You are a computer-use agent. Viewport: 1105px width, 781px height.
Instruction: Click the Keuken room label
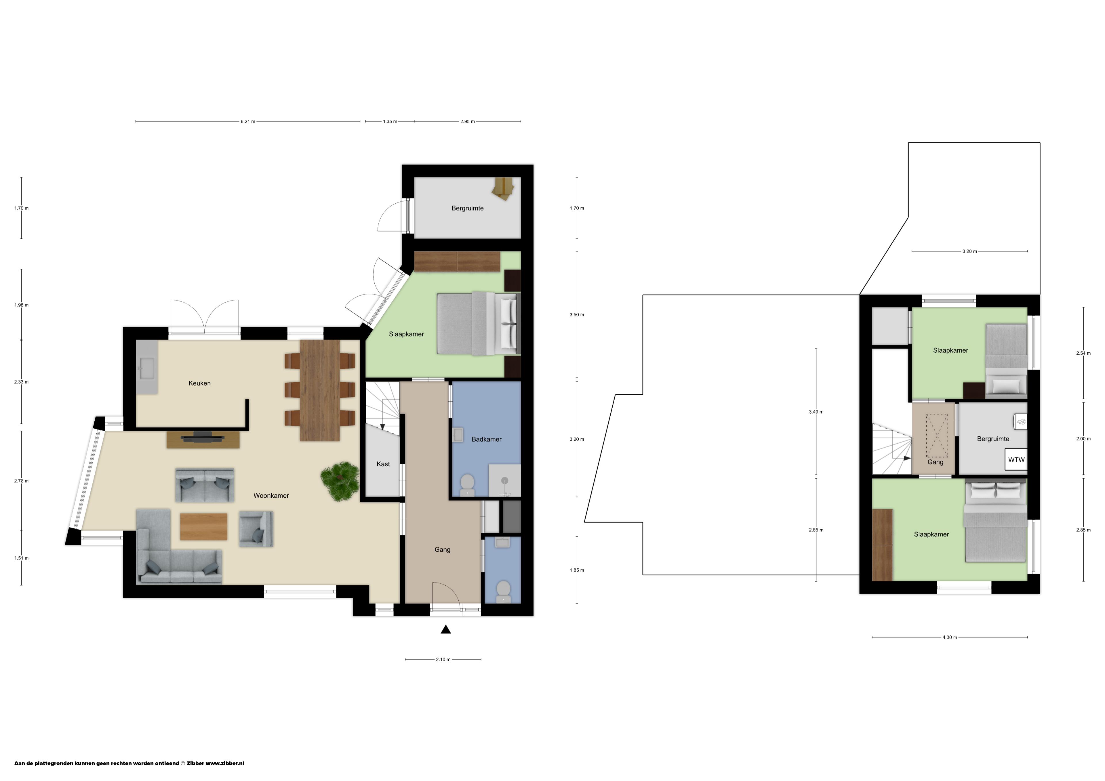coord(199,383)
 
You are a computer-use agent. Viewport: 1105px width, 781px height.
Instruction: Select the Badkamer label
coord(487,439)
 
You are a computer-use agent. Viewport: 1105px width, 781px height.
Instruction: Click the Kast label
coord(383,464)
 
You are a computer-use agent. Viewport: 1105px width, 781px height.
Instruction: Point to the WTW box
coord(1016,460)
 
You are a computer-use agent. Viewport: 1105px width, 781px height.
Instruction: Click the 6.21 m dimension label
coord(248,122)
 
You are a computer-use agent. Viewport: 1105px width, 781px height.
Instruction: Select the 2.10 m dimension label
coord(443,660)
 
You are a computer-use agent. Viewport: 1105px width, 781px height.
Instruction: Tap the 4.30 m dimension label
coord(950,637)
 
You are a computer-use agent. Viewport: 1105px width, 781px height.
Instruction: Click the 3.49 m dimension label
coord(816,412)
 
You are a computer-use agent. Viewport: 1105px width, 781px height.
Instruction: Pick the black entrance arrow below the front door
coord(446,629)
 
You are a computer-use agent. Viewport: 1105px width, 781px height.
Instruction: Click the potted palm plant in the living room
coord(340,480)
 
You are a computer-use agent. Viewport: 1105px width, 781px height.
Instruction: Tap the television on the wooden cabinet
coord(203,438)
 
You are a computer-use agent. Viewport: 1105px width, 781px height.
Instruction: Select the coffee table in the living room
coord(203,526)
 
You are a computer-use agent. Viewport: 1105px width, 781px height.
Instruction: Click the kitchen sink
coord(146,368)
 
